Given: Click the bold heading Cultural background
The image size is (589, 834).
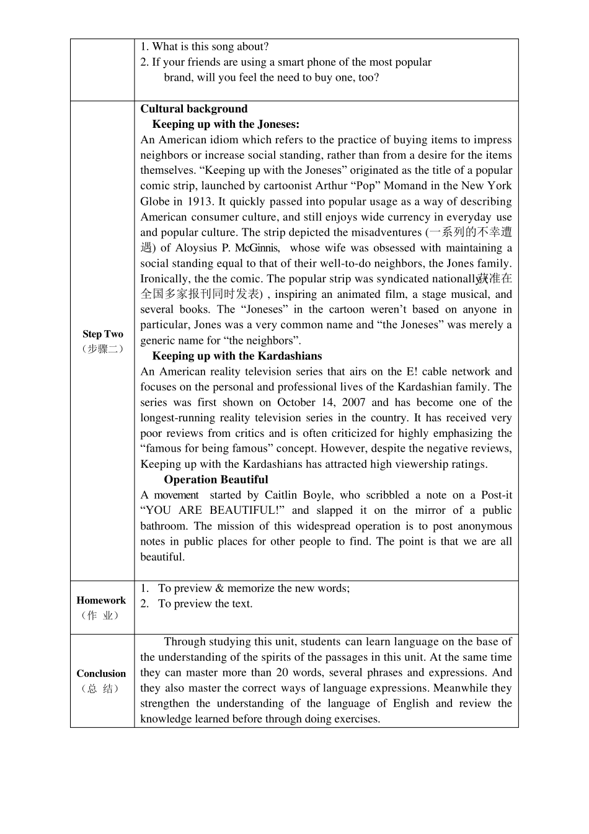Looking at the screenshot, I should click(193, 109).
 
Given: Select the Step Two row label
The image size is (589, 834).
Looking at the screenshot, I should click(103, 334).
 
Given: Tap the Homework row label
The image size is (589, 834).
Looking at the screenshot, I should click(101, 600).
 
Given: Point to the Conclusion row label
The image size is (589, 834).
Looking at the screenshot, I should click(101, 673).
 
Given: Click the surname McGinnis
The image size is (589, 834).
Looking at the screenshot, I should click(256, 248).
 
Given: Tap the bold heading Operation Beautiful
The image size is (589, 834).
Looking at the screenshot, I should click(216, 480).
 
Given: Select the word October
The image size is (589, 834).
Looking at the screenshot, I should click(300, 402).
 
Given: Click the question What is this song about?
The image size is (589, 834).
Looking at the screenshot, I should click(205, 47).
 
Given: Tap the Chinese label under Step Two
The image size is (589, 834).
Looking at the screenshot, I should click(103, 349).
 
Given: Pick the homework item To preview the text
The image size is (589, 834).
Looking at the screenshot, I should click(205, 604).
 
